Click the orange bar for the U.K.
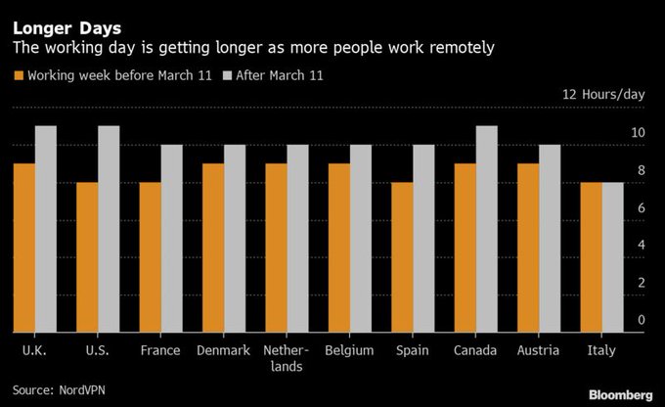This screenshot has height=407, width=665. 23,248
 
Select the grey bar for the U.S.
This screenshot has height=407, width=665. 109,229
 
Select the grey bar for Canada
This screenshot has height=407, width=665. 486,229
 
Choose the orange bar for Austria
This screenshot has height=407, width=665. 528,248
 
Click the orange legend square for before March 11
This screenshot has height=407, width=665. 18,75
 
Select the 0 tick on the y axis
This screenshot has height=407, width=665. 642,320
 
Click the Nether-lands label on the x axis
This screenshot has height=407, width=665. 287,358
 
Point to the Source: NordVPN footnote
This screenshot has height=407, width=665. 61,389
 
